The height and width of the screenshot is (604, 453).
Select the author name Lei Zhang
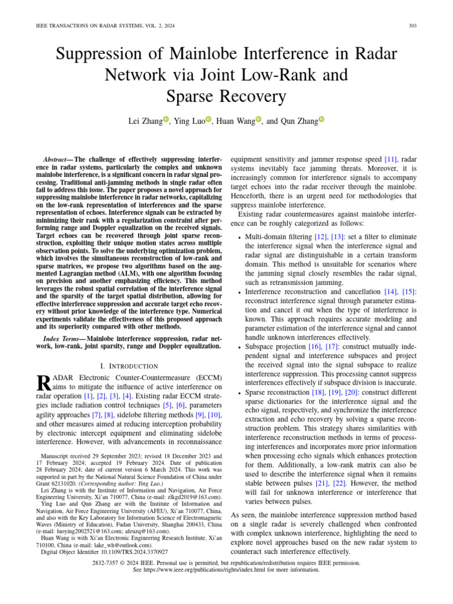click(x=145, y=121)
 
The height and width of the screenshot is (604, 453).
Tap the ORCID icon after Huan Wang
click(x=260, y=120)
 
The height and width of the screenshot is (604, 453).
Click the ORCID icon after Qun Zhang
click(x=321, y=120)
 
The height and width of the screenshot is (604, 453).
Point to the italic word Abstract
click(x=55, y=160)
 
